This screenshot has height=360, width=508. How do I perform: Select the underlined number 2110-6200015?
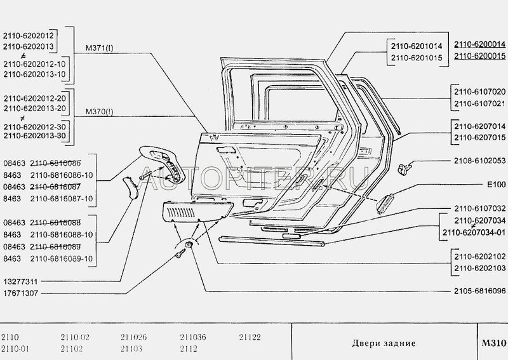[x=479, y=56]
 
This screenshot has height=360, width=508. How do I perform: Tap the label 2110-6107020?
[x=479, y=91]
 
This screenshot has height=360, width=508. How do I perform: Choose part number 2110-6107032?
[x=479, y=208]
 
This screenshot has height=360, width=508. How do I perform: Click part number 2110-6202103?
[x=479, y=269]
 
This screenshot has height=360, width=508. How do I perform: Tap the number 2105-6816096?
[x=479, y=292]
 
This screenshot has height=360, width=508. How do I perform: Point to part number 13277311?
[x=22, y=279]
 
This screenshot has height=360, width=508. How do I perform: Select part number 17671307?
[x=22, y=292]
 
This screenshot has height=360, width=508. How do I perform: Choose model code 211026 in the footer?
[x=133, y=337]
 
